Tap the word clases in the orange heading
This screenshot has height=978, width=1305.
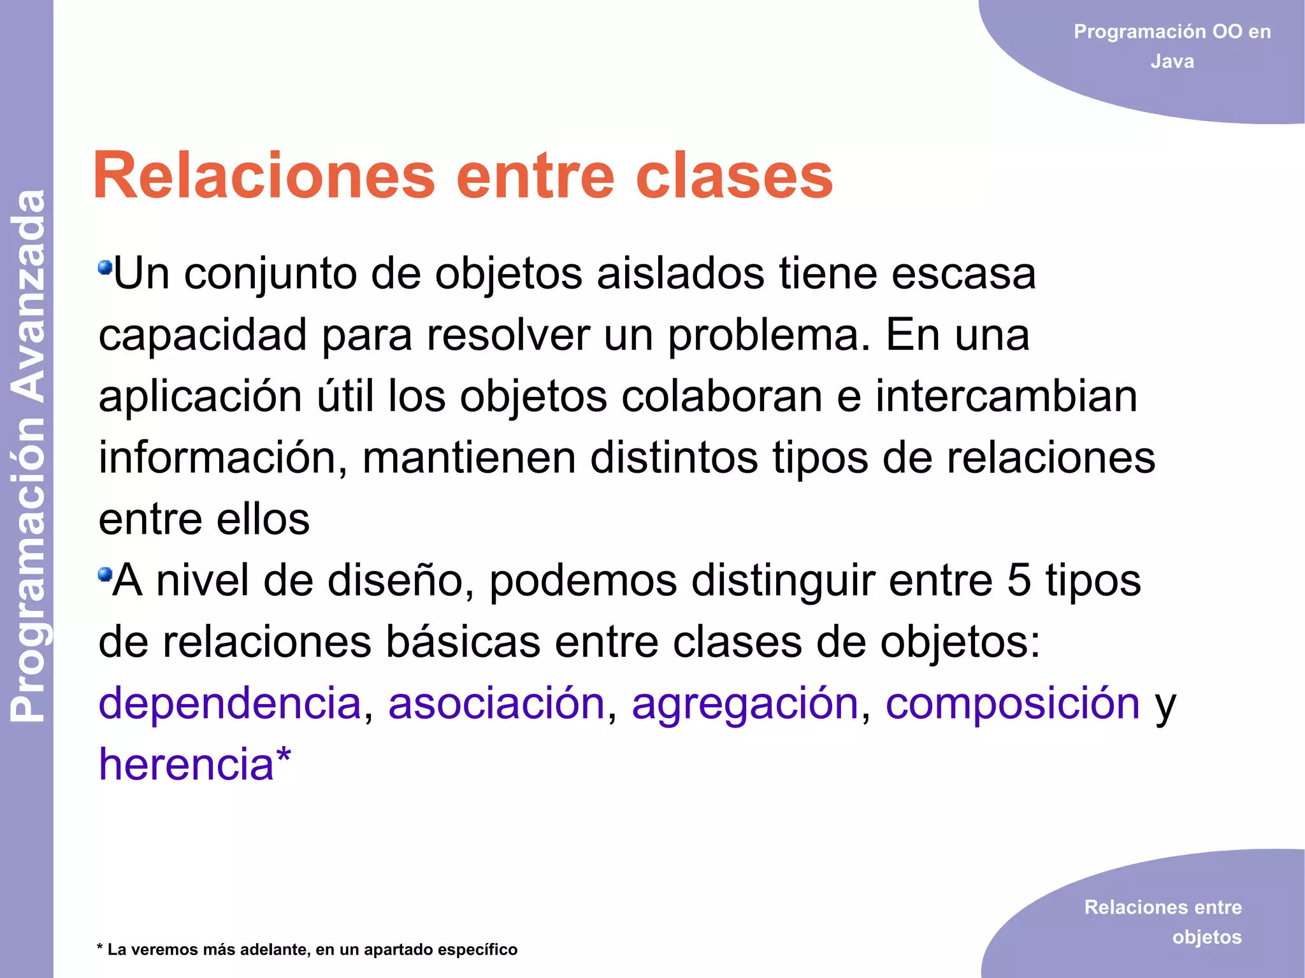[x=734, y=175]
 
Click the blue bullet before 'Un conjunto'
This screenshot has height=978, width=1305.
[x=105, y=267]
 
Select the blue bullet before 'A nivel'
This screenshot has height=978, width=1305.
[x=105, y=575]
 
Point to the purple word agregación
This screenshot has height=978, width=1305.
[x=745, y=704]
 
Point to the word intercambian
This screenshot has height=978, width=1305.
[x=1006, y=396]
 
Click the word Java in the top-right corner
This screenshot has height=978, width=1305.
[x=1172, y=62]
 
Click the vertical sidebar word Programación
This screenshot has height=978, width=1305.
[x=29, y=570]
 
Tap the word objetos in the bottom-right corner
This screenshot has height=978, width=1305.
[x=1207, y=937]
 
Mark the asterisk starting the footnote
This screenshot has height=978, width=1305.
[x=100, y=948]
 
